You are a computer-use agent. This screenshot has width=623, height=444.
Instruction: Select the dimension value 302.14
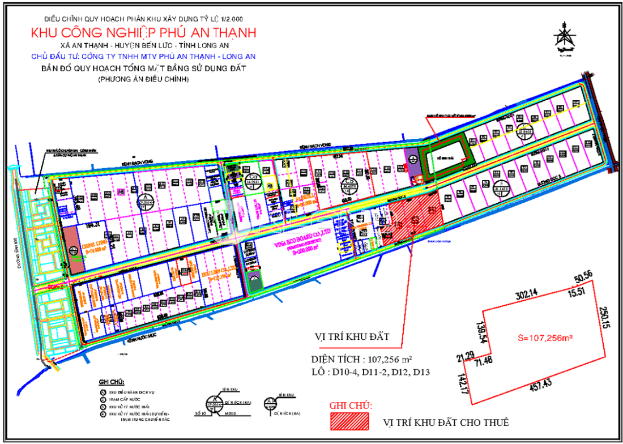point(528,295)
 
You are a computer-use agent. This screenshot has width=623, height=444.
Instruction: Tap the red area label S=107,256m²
point(545,338)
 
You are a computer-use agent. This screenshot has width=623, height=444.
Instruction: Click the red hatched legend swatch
point(349,421)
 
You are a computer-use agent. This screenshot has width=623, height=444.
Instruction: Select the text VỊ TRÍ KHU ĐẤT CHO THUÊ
point(446,422)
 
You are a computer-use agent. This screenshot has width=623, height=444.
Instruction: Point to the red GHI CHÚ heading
point(351,405)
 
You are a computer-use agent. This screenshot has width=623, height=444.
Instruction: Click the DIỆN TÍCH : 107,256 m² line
point(361,359)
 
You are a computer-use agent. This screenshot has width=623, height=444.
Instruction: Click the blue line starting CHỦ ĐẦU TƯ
point(144,56)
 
